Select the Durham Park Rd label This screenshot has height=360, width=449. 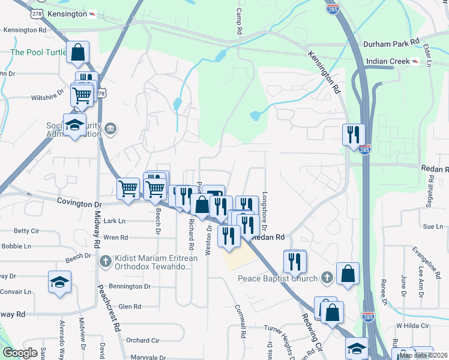click(x=391, y=44)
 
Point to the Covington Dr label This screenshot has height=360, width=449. click(x=76, y=202)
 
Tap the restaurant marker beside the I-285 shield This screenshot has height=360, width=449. click(x=353, y=134)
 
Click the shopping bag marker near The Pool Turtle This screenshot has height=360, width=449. click(x=77, y=52)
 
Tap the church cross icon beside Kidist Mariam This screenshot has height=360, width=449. click(x=106, y=260)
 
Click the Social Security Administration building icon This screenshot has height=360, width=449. click(x=110, y=128)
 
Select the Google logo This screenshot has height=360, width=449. click(x=20, y=353)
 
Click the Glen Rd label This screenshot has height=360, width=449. click(x=130, y=306)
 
